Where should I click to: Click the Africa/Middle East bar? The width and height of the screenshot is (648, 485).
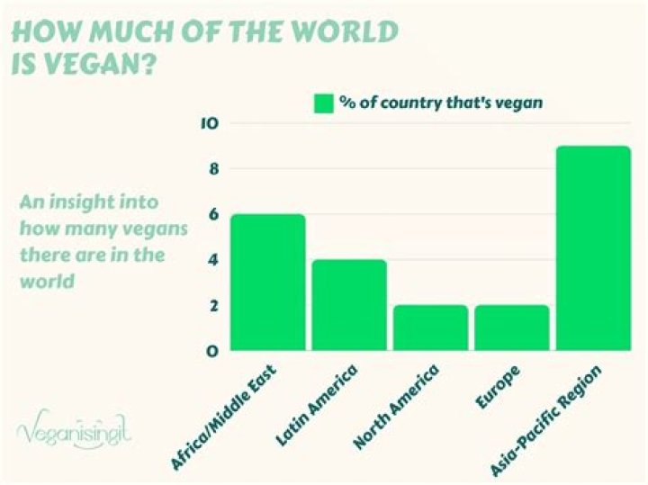(267, 282)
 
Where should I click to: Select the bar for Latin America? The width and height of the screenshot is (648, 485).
(349, 305)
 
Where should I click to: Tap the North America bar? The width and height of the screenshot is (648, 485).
(430, 328)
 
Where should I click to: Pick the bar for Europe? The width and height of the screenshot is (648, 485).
(512, 328)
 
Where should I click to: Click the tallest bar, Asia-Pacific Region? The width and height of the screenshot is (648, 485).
(593, 247)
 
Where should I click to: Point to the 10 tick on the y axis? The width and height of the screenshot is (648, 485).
(211, 123)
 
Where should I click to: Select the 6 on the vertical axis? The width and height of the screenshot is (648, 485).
(212, 214)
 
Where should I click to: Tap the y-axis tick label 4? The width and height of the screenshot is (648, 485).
(212, 260)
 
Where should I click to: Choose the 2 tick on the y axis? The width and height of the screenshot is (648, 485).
(212, 305)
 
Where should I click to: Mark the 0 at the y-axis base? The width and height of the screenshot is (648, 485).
(212, 351)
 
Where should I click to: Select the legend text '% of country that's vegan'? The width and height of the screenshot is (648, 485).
(441, 103)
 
